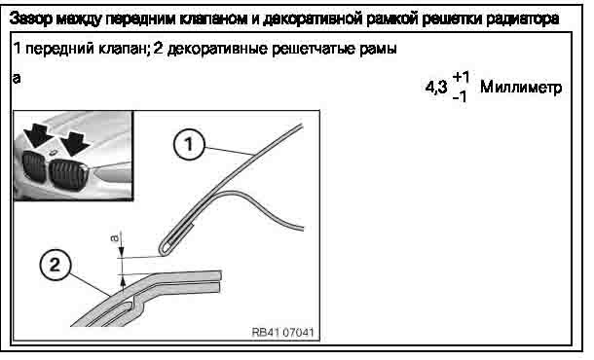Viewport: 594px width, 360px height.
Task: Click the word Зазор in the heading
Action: point(31,18)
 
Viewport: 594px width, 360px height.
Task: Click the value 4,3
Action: point(436,87)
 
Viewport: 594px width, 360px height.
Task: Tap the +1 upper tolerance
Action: point(461,77)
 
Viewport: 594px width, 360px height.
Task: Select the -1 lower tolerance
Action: point(460,96)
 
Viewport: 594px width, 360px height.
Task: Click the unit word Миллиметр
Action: point(521,88)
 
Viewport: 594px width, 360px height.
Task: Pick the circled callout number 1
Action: point(189,144)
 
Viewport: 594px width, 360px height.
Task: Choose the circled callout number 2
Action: point(56,265)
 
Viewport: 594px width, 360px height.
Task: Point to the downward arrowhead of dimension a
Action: point(121,253)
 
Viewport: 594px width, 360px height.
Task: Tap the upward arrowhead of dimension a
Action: point(122,281)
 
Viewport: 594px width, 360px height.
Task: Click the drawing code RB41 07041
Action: point(283,332)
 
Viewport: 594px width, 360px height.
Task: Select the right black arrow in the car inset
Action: point(75,143)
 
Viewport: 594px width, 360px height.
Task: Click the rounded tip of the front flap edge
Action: point(162,252)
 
